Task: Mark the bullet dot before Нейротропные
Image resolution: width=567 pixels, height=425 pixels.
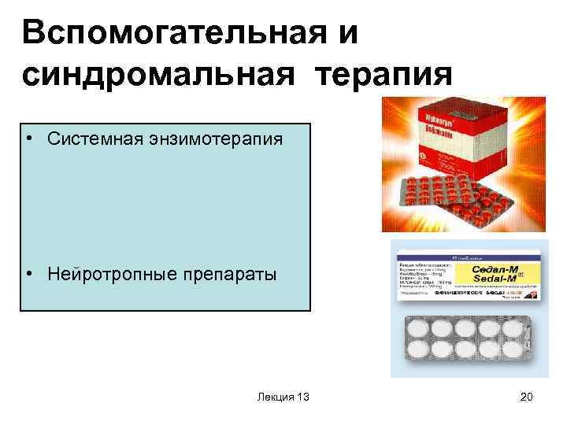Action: click(29, 275)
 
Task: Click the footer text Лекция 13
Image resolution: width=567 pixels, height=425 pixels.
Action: click(283, 397)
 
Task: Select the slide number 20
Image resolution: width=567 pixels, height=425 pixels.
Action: click(526, 397)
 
